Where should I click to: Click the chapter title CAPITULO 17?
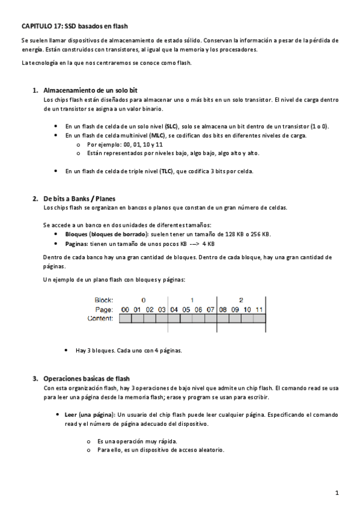[x=75, y=26]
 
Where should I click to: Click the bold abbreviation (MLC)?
[x=157, y=136]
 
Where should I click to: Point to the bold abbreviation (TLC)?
[x=166, y=171]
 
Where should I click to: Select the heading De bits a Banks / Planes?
[x=79, y=198]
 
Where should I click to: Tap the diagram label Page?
[x=105, y=309]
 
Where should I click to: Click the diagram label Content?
[x=100, y=318]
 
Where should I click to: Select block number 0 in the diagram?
[x=143, y=300]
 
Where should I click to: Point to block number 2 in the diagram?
[x=241, y=300]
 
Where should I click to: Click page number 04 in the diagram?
[x=174, y=309]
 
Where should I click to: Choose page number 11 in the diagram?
[x=259, y=309]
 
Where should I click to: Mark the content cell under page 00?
[x=125, y=319]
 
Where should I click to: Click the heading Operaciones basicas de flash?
[x=86, y=379]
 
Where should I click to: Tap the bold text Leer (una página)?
[x=90, y=415]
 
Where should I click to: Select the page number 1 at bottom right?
[x=337, y=493]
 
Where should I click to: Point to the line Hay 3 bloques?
[x=129, y=350]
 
